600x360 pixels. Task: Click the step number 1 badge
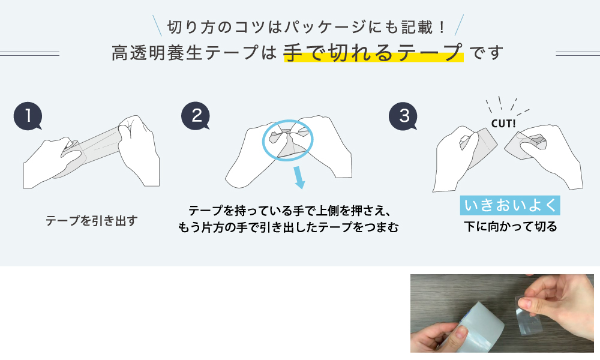pyautogui.click(x=28, y=116)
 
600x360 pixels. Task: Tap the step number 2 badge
pyautogui.click(x=196, y=116)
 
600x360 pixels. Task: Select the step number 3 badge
pyautogui.click(x=403, y=116)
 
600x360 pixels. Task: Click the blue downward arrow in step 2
pyautogui.click(x=299, y=177)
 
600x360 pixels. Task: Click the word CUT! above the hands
pyautogui.click(x=503, y=124)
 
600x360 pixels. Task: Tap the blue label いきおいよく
pyautogui.click(x=510, y=205)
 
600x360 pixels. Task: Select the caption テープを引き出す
pyautogui.click(x=91, y=221)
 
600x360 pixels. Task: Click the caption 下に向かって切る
pyautogui.click(x=511, y=226)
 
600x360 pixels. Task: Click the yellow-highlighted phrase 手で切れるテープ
pyautogui.click(x=373, y=52)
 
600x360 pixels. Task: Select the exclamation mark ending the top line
pyautogui.click(x=442, y=28)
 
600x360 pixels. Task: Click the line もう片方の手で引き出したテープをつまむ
pyautogui.click(x=288, y=227)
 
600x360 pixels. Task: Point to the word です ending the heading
pyautogui.click(x=486, y=53)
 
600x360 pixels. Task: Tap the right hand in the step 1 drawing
pyautogui.click(x=139, y=149)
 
